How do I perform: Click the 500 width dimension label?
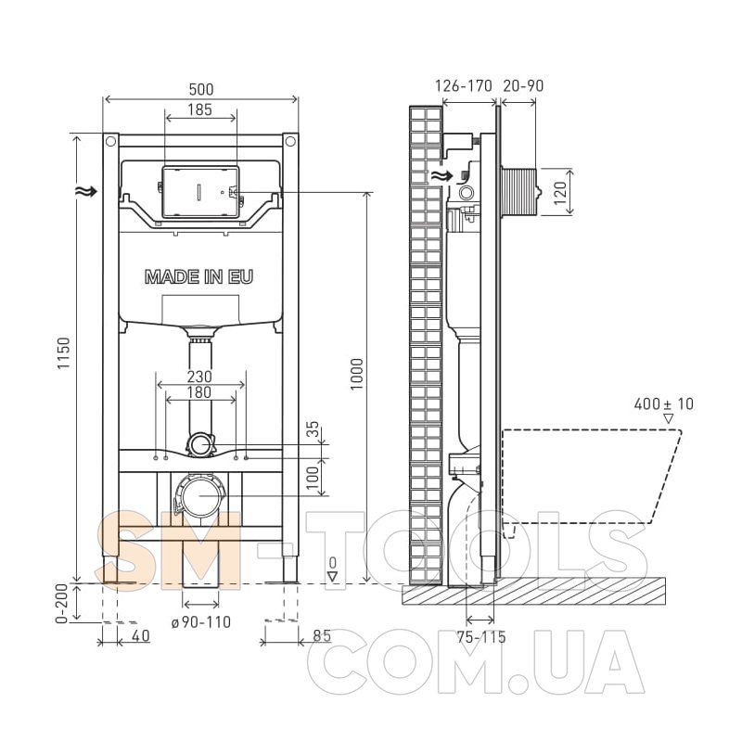click(201, 89)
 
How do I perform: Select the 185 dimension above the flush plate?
click(199, 109)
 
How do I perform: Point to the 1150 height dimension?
click(63, 353)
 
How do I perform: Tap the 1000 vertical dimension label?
click(356, 374)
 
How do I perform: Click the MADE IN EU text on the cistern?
click(198, 276)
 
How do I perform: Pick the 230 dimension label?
click(199, 377)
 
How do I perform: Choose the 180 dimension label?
click(199, 392)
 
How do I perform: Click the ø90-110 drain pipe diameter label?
click(201, 621)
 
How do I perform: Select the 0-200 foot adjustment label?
click(62, 603)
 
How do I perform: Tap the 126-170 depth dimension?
click(463, 85)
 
